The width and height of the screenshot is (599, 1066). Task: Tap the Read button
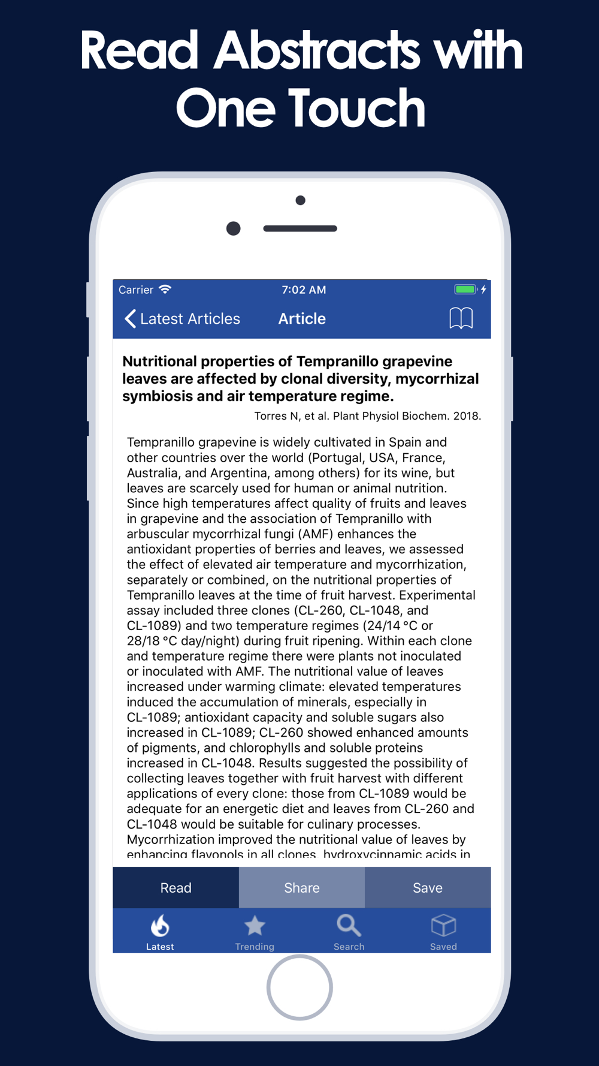pyautogui.click(x=176, y=887)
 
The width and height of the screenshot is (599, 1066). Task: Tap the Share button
pyautogui.click(x=301, y=887)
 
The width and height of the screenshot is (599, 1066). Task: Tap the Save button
pyautogui.click(x=427, y=887)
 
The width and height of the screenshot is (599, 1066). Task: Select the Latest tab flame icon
pyautogui.click(x=160, y=926)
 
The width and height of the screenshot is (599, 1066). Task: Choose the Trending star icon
pyautogui.click(x=255, y=926)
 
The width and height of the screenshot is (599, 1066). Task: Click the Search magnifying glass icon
pyautogui.click(x=349, y=926)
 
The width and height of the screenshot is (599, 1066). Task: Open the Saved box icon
pyautogui.click(x=443, y=926)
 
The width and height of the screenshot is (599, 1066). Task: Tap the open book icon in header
pyautogui.click(x=461, y=318)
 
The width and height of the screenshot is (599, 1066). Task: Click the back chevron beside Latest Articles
pyautogui.click(x=130, y=318)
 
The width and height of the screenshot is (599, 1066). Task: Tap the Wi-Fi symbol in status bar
pyautogui.click(x=165, y=290)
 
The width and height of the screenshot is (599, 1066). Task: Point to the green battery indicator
pyautogui.click(x=465, y=290)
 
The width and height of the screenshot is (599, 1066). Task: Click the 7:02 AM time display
pyautogui.click(x=304, y=290)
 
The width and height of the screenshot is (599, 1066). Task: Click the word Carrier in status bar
pyautogui.click(x=136, y=290)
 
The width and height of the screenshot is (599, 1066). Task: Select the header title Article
pyautogui.click(x=302, y=319)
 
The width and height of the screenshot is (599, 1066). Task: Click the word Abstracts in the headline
pyautogui.click(x=318, y=50)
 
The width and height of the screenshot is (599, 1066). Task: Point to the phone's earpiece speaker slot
pyautogui.click(x=300, y=228)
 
